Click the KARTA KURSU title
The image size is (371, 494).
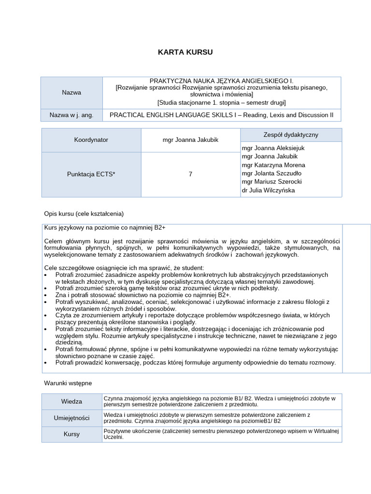click(x=185, y=52)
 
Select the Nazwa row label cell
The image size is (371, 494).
click(x=71, y=92)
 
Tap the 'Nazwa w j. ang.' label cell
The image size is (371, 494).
click(x=71, y=115)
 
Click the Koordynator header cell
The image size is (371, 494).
click(x=91, y=140)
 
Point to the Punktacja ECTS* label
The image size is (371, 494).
click(x=91, y=174)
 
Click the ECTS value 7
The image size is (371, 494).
click(x=190, y=174)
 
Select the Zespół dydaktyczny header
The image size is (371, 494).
click(x=291, y=135)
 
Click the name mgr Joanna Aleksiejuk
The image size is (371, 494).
click(x=273, y=148)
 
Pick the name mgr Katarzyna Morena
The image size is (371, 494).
click(x=273, y=165)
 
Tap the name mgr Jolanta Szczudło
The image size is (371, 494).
click(x=271, y=173)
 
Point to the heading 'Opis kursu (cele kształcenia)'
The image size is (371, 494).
click(x=84, y=213)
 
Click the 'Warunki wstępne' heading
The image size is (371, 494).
click(x=68, y=383)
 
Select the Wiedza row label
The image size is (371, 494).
click(x=71, y=401)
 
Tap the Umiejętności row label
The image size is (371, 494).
click(x=71, y=418)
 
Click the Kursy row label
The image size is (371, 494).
click(x=71, y=434)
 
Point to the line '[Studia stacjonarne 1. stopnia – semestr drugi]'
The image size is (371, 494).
click(x=222, y=102)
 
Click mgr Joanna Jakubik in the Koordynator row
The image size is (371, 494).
click(x=190, y=140)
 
